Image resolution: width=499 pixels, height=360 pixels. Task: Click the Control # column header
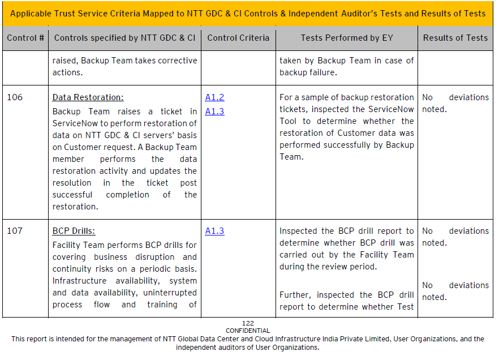tap(25, 38)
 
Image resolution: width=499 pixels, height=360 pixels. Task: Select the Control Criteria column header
tap(238, 38)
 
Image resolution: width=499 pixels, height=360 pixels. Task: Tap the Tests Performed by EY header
tap(347, 38)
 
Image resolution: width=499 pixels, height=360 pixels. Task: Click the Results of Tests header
tap(455, 38)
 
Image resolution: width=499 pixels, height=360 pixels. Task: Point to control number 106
tap(15, 97)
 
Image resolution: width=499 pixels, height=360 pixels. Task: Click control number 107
tap(15, 231)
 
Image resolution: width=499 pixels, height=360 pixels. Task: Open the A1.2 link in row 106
tap(214, 97)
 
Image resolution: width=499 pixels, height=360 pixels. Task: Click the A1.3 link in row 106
tap(214, 112)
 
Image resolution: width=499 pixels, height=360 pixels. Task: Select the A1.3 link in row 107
tap(214, 231)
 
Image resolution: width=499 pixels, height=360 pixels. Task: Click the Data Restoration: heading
tap(88, 97)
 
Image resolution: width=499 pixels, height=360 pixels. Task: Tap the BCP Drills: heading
tap(74, 231)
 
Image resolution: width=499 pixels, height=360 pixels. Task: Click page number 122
tap(248, 323)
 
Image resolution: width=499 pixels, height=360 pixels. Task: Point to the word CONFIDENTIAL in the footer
tap(248, 331)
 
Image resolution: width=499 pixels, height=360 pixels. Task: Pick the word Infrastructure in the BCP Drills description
tap(79, 281)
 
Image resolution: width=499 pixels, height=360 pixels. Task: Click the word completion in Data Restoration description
tap(127, 195)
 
